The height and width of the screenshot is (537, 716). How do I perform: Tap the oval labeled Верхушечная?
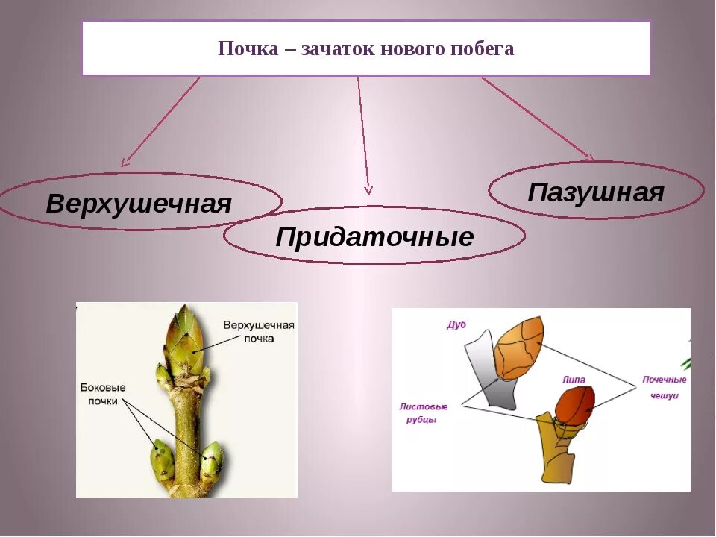(x=139, y=203)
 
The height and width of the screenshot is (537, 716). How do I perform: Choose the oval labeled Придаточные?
(x=374, y=237)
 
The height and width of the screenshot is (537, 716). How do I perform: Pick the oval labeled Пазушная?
(x=596, y=192)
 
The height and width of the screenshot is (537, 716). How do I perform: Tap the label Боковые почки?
(x=103, y=395)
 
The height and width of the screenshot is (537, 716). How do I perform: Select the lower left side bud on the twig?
(x=162, y=459)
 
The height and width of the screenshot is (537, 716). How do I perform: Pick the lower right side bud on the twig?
(x=211, y=459)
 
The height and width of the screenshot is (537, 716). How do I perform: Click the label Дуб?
(x=456, y=324)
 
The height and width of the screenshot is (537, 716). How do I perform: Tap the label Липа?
(x=574, y=380)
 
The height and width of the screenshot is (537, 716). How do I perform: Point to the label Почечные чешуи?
(x=660, y=388)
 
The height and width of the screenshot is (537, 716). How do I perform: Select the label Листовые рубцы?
(x=424, y=412)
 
